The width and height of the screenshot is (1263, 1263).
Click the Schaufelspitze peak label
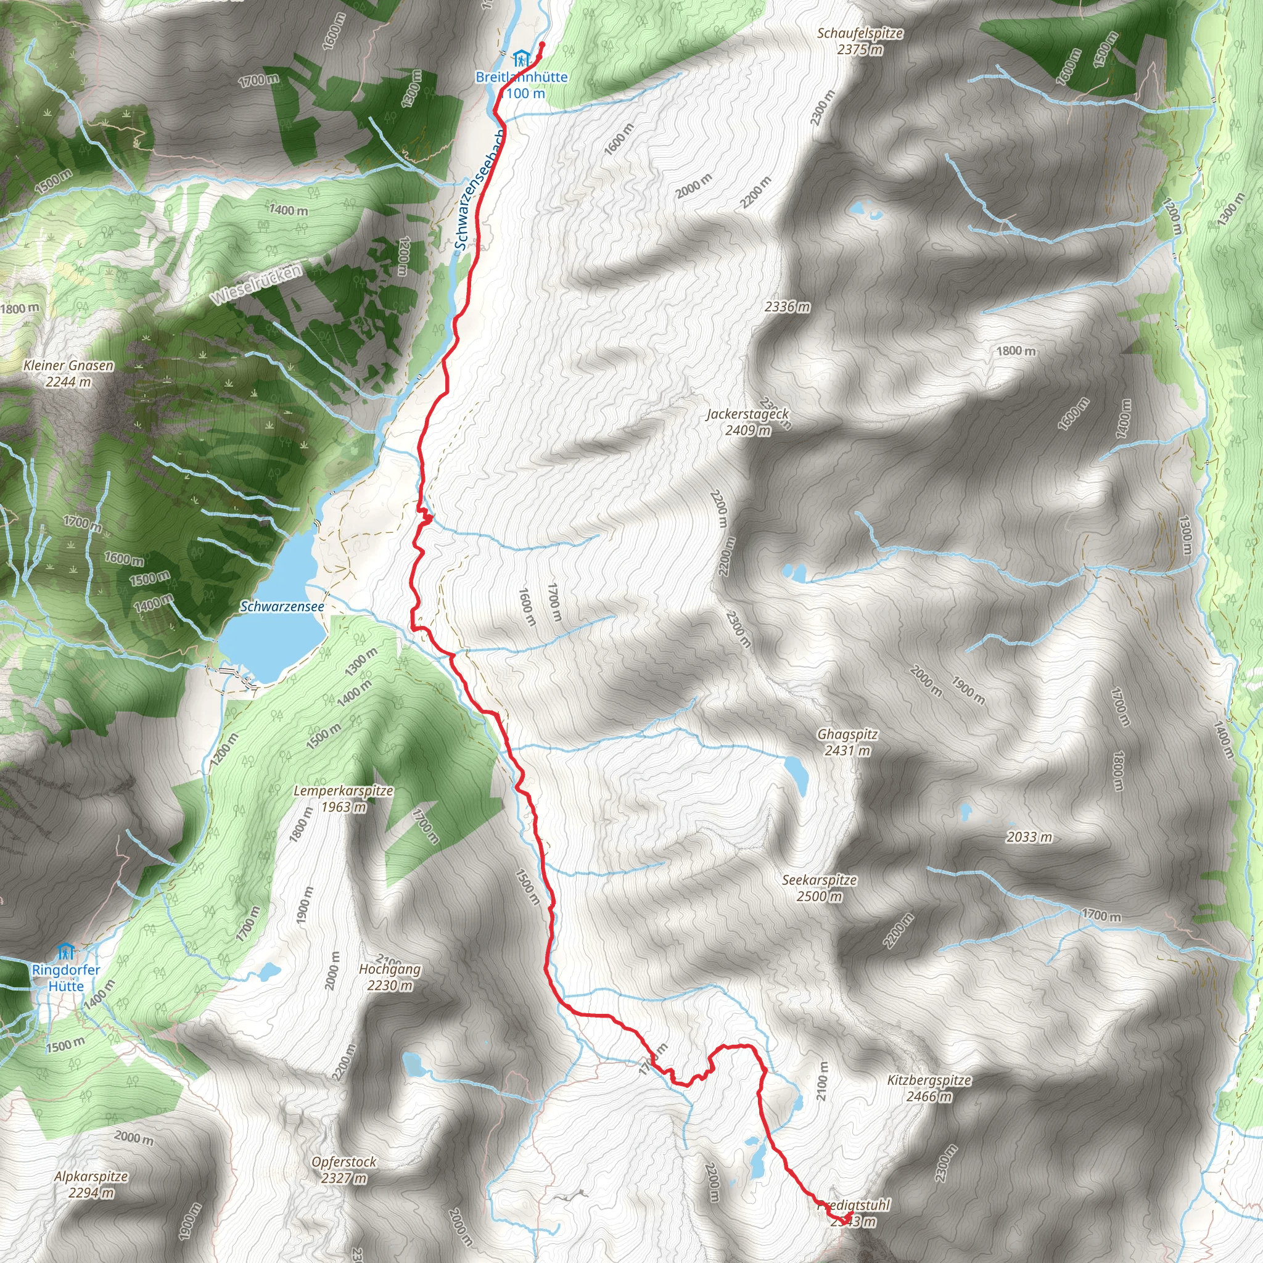(860, 41)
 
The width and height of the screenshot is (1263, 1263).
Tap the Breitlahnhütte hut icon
(520, 59)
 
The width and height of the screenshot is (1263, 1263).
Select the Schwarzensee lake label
(282, 607)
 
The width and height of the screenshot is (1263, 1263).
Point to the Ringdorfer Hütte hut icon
(65, 950)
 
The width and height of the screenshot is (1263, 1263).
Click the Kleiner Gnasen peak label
(68, 373)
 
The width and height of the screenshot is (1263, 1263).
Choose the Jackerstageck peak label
(747, 422)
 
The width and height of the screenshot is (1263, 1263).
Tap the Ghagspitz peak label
(847, 742)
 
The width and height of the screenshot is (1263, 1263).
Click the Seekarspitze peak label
(819, 888)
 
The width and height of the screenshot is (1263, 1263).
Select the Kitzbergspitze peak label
(928, 1088)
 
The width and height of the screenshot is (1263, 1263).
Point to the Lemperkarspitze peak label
(344, 798)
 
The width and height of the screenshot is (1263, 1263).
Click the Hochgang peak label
(390, 977)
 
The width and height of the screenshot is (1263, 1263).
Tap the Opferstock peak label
(344, 1169)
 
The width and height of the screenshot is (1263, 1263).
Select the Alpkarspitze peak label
(91, 1184)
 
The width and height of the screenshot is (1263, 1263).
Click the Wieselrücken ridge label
(257, 284)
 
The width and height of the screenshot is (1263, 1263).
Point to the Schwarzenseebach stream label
(479, 190)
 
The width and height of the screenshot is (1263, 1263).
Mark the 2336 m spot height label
(787, 306)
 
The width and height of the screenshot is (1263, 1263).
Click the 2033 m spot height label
(1030, 837)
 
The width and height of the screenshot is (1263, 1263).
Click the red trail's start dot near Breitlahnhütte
(542, 44)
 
